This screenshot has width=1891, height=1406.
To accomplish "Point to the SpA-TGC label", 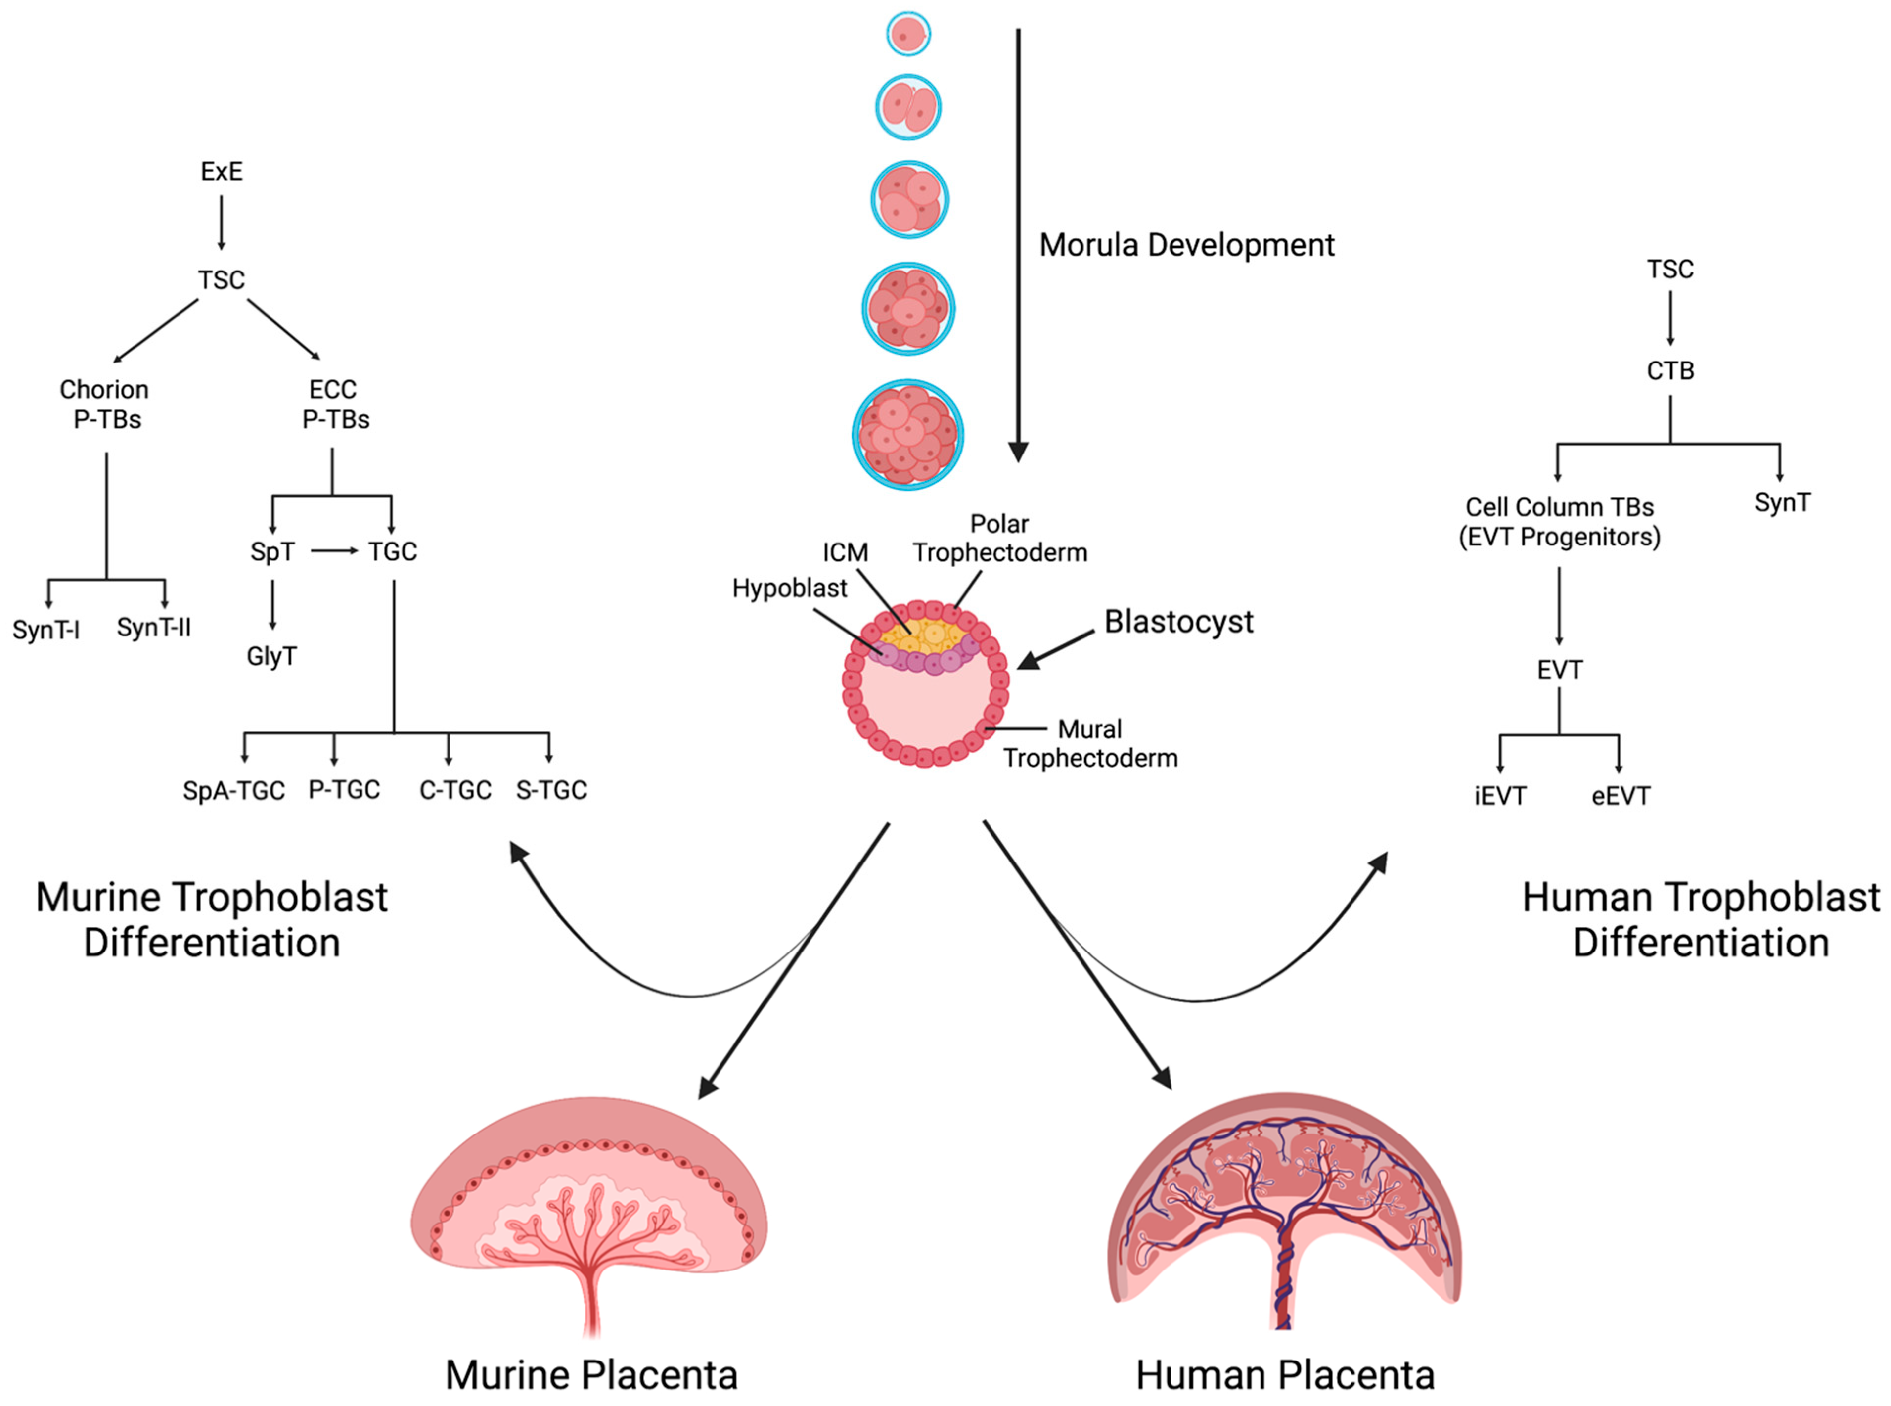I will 233,791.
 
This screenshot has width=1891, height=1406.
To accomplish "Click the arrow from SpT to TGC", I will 334,551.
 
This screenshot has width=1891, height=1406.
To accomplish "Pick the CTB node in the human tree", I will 1670,371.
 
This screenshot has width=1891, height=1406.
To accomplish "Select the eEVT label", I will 1621,797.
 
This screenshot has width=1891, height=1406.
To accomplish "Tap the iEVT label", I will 1500,797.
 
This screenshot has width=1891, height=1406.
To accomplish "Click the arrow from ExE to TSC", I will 221,223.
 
